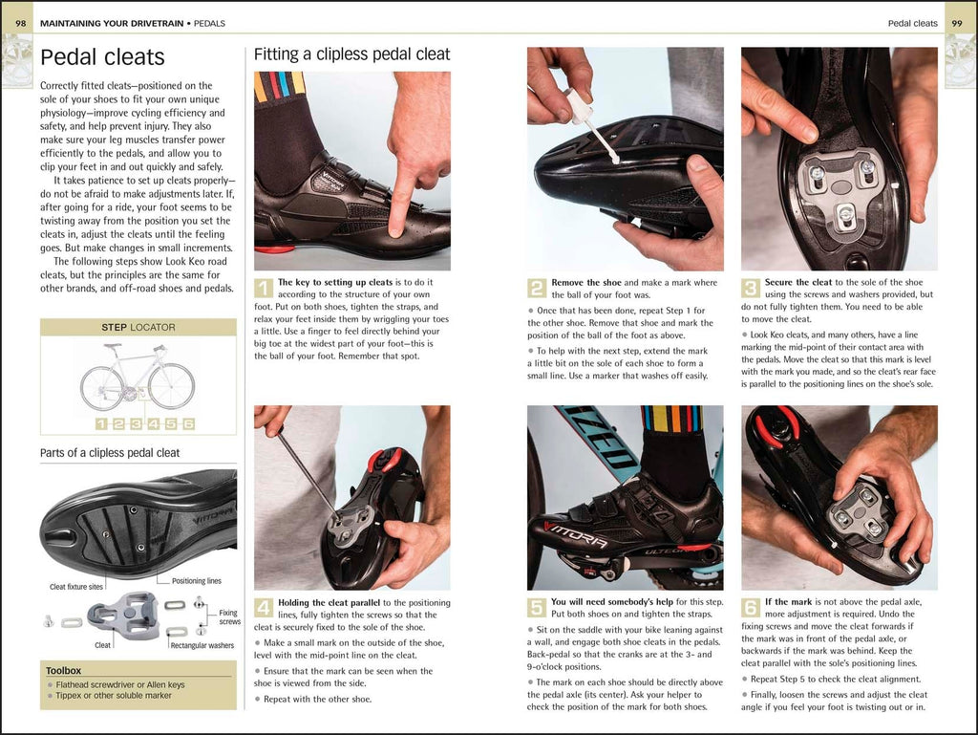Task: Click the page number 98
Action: click(x=21, y=22)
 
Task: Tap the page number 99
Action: click(x=956, y=22)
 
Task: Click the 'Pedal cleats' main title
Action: click(x=102, y=57)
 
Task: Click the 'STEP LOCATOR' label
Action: click(x=138, y=327)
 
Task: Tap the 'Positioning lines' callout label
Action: click(x=196, y=581)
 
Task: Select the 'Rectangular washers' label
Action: click(x=202, y=645)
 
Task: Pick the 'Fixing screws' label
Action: click(x=228, y=617)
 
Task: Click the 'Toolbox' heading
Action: click(x=64, y=670)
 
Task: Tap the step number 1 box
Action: click(x=264, y=288)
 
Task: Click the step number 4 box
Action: click(x=264, y=608)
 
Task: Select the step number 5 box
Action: click(x=537, y=608)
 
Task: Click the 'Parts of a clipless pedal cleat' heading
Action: click(x=110, y=452)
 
